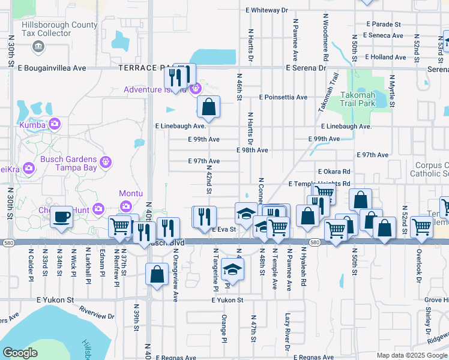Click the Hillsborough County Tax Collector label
click(59, 29)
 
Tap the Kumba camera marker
click(55, 124)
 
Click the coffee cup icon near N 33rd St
click(61, 217)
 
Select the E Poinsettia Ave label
click(283, 97)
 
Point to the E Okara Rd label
click(334, 172)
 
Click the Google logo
click(20, 353)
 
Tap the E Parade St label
click(384, 25)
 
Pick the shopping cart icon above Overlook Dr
click(421, 227)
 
